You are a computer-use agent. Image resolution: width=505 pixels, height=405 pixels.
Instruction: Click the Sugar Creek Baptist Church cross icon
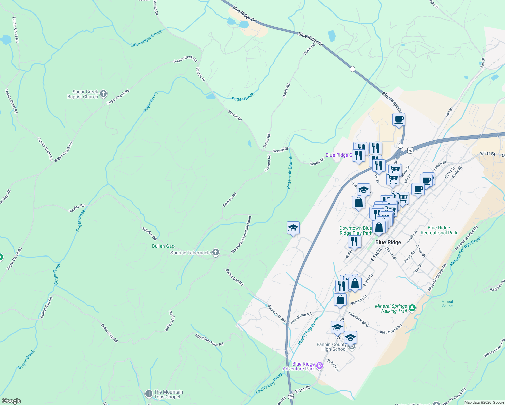pyautogui.click(x=103, y=94)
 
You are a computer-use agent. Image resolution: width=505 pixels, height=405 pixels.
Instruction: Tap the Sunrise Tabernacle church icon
pyautogui.click(x=216, y=252)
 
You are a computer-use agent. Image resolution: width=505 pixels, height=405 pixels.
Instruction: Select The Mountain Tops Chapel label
pyautogui.click(x=168, y=394)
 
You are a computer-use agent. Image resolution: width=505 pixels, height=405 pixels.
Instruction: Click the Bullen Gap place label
pyautogui.click(x=163, y=246)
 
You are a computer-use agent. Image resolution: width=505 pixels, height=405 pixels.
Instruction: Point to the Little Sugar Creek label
pyautogui.click(x=146, y=38)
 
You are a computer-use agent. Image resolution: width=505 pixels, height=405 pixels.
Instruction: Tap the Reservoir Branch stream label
pyautogui.click(x=290, y=172)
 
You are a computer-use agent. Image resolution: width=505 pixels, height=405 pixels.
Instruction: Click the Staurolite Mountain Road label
pyautogui.click(x=241, y=235)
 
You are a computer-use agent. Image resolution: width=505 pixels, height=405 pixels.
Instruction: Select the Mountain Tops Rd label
pyautogui.click(x=209, y=340)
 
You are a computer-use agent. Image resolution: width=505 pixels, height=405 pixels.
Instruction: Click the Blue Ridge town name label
pyautogui.click(x=388, y=242)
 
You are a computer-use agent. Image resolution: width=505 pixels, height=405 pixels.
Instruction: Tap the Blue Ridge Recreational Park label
pyautogui.click(x=439, y=230)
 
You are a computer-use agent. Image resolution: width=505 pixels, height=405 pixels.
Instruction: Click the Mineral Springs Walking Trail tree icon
pyautogui.click(x=412, y=308)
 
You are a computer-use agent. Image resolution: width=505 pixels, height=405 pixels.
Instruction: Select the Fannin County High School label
pyautogui.click(x=331, y=347)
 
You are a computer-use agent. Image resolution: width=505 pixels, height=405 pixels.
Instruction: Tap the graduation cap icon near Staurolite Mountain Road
pyautogui.click(x=293, y=228)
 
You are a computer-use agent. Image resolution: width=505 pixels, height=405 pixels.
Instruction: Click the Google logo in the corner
pyautogui.click(x=11, y=401)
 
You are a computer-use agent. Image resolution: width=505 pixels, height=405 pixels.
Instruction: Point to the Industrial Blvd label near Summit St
pyautogui.click(x=358, y=319)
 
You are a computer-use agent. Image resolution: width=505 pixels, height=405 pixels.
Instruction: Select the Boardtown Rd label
pyautogui.click(x=301, y=318)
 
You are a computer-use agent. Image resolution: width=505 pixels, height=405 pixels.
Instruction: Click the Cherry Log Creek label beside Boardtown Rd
pyautogui.click(x=308, y=331)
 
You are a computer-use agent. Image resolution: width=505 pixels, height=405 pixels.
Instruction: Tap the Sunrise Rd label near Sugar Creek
pyautogui.click(x=77, y=208)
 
